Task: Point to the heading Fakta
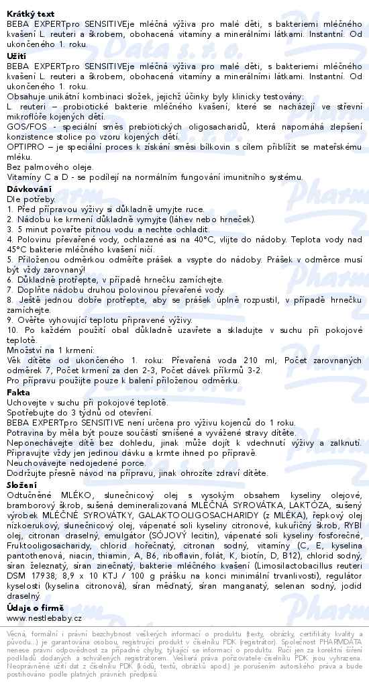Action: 19,392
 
